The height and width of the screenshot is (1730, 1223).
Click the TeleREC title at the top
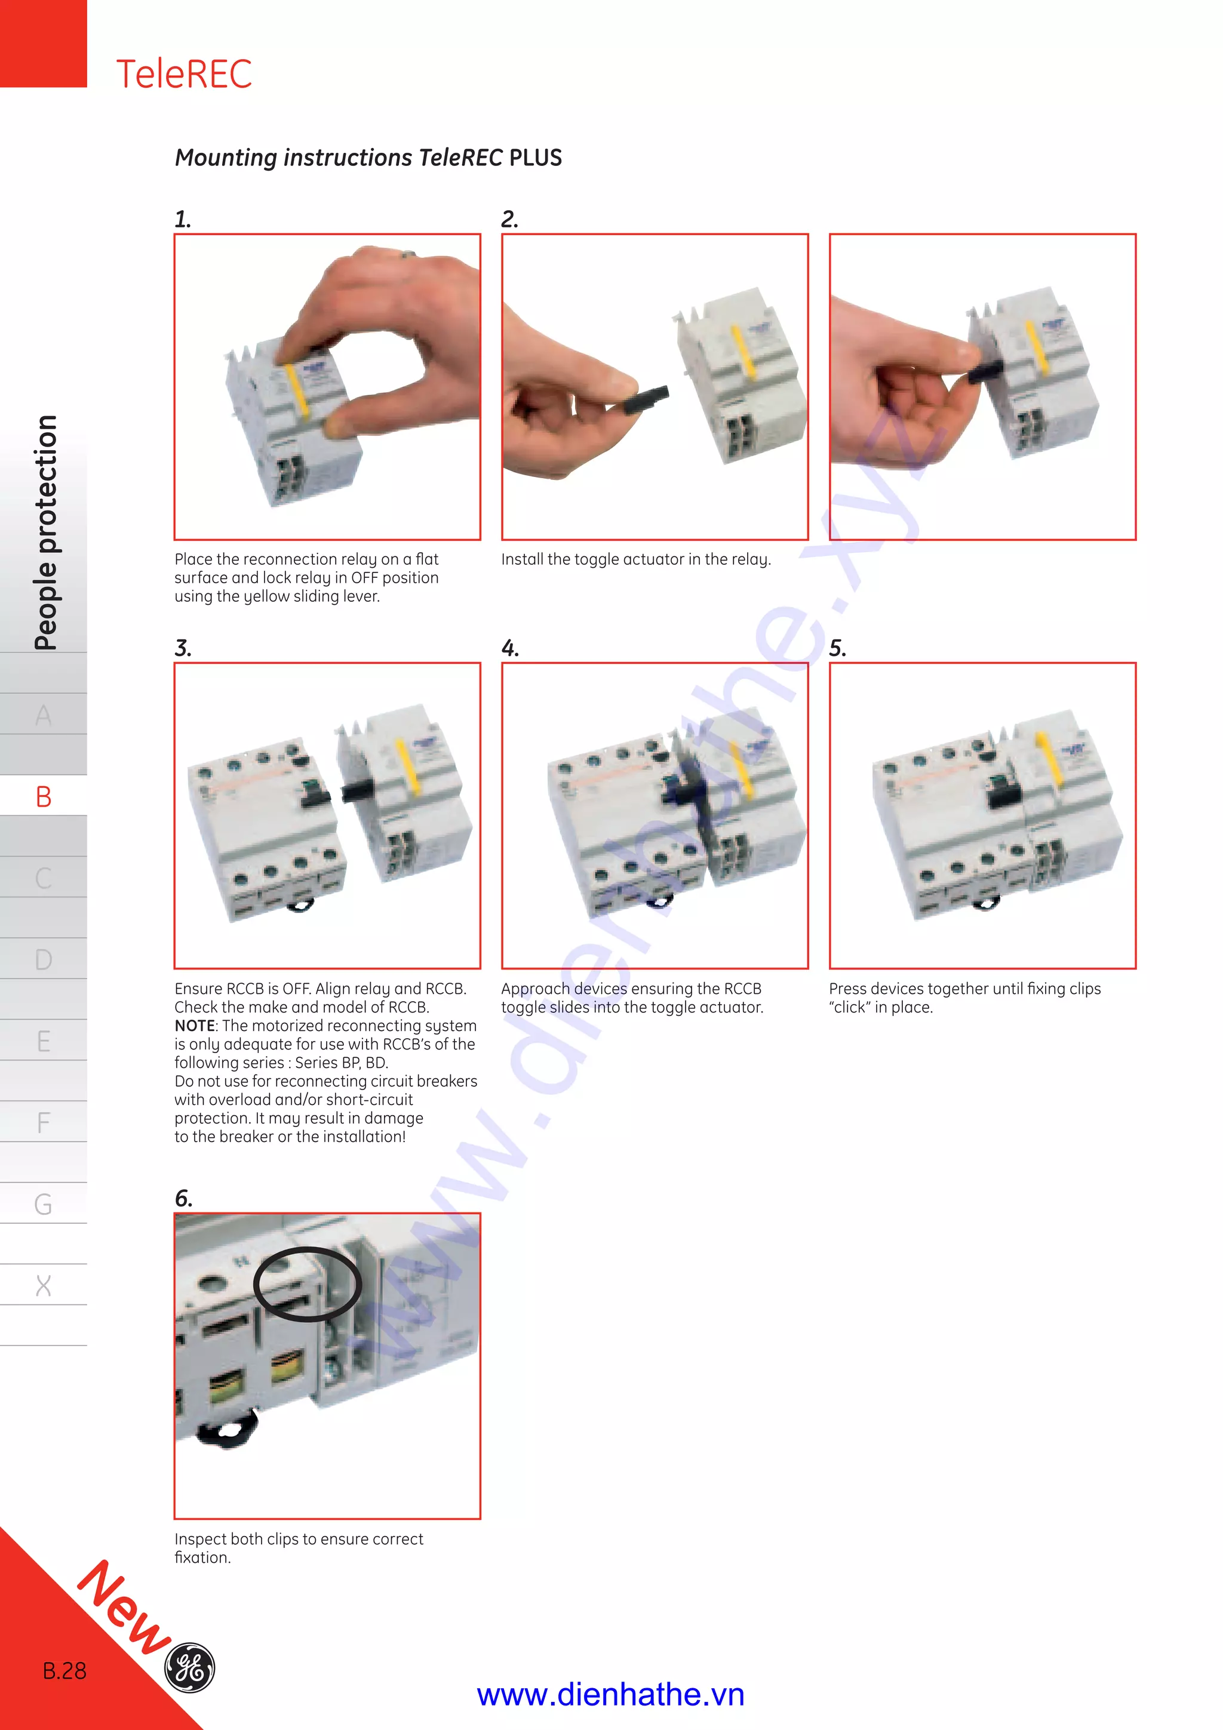tap(184, 74)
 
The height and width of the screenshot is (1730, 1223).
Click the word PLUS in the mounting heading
tap(535, 158)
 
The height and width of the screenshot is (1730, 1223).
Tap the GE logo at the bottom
tap(189, 1667)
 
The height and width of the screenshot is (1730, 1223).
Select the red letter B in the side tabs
tap(44, 796)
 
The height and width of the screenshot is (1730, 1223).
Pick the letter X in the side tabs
tap(44, 1285)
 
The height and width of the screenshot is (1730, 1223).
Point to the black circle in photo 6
tap(307, 1284)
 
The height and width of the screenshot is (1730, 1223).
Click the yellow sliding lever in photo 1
tap(296, 392)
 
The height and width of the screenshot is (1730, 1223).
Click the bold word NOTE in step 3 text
tap(195, 1026)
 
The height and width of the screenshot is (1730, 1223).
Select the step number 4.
tap(509, 648)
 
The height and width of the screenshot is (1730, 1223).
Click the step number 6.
tap(183, 1198)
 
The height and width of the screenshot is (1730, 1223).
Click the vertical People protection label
tap(45, 532)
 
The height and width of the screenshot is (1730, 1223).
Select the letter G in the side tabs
tap(44, 1204)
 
